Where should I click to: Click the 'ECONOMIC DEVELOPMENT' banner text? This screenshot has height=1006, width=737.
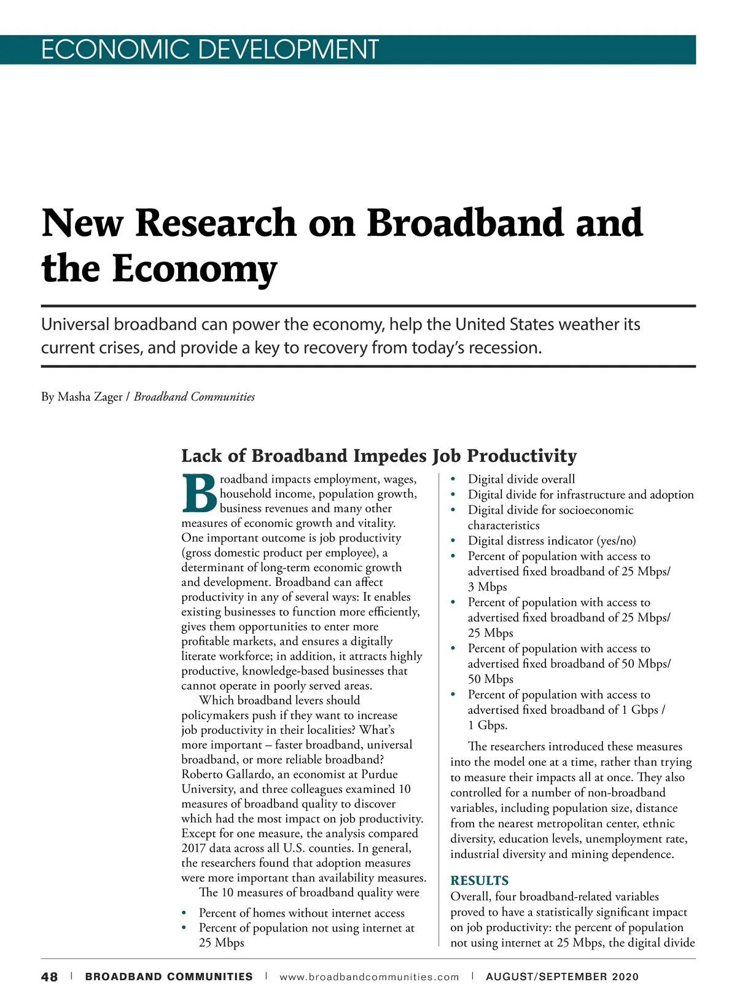(209, 49)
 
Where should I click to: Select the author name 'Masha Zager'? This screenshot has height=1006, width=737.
(90, 397)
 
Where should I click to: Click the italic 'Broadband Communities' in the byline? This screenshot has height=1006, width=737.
(194, 397)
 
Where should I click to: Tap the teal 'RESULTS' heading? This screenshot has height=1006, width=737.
(479, 881)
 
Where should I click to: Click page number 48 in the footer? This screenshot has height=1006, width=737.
(50, 977)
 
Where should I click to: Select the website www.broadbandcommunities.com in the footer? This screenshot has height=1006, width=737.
(369, 977)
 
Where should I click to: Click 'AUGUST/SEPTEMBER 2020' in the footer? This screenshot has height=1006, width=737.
(562, 977)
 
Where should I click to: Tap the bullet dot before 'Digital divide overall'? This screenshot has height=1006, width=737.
(453, 480)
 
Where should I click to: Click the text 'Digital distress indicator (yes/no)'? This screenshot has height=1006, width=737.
(552, 540)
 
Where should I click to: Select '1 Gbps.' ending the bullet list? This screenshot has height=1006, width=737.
(488, 725)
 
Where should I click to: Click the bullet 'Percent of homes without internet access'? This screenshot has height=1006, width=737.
(302, 913)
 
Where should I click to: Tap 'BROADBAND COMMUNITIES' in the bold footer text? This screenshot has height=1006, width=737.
(169, 977)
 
